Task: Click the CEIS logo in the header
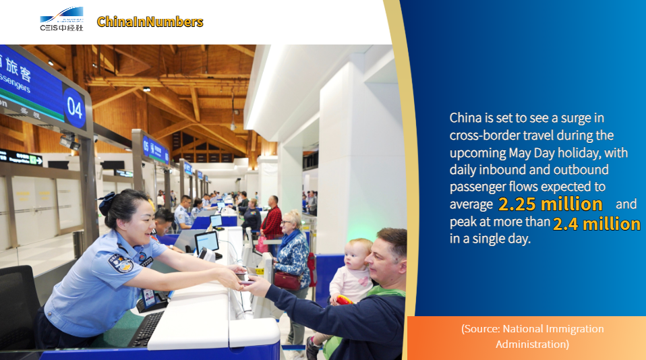61,19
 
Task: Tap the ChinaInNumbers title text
150,22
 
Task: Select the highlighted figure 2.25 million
550,204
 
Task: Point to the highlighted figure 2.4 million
597,224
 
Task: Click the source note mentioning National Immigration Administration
532,336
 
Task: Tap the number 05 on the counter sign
146,145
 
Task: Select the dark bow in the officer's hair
107,204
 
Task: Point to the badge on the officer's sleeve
121,263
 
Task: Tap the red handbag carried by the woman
287,280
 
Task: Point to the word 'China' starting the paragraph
465,118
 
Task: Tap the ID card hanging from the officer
148,297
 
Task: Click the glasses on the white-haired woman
286,222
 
